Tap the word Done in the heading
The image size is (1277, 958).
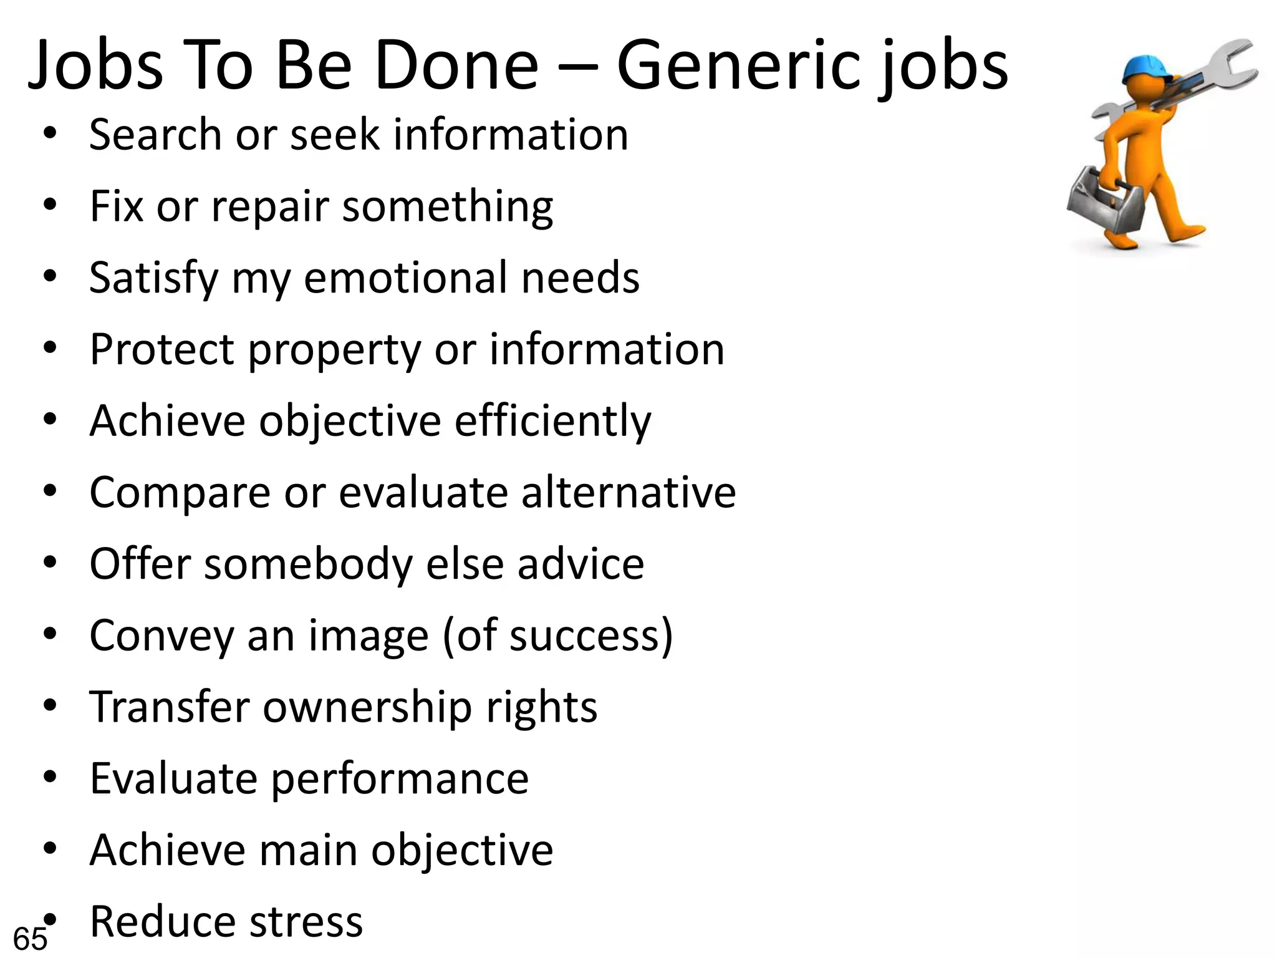pyautogui.click(x=456, y=65)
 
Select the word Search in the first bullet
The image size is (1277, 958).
pyautogui.click(x=155, y=135)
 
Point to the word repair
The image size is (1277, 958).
pyautogui.click(x=269, y=207)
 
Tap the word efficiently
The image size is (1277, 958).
pyautogui.click(x=552, y=422)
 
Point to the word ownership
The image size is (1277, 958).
pyautogui.click(x=367, y=708)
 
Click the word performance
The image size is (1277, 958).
pyautogui.click(x=400, y=780)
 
